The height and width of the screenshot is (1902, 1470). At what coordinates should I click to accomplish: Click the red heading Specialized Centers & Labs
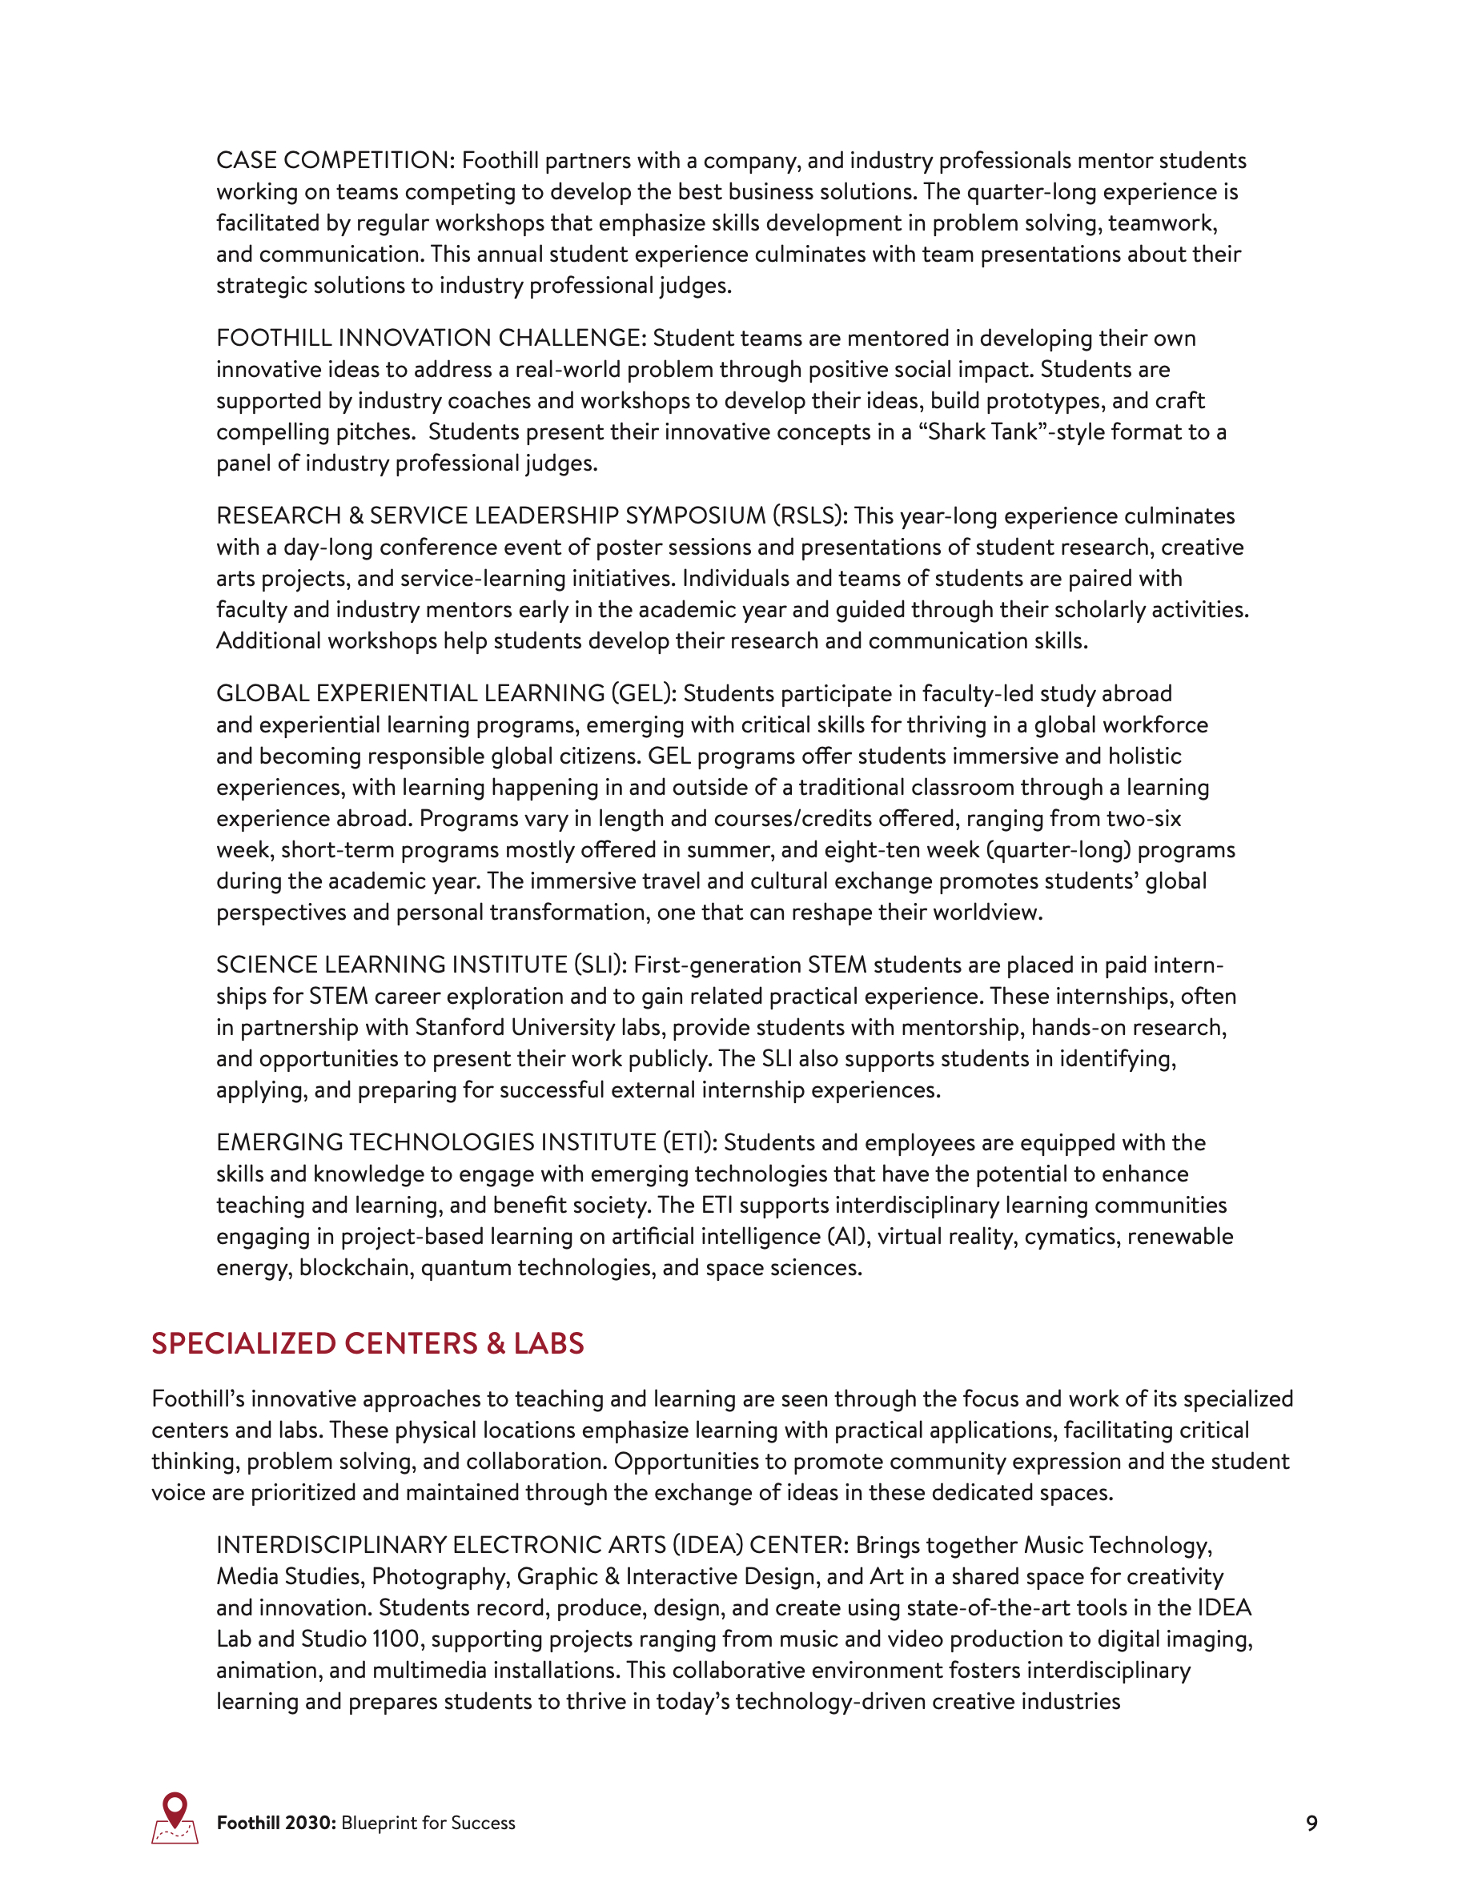tap(367, 1343)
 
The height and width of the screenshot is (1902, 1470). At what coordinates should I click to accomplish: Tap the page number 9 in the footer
tap(1311, 1823)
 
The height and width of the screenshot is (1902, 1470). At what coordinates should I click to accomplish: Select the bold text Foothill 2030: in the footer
tap(276, 1823)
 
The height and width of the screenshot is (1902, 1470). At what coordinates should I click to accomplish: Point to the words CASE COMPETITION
tap(332, 160)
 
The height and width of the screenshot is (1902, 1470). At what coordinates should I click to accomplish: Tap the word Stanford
tap(459, 1028)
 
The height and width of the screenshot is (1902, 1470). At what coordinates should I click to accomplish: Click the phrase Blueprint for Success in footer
tap(428, 1823)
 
